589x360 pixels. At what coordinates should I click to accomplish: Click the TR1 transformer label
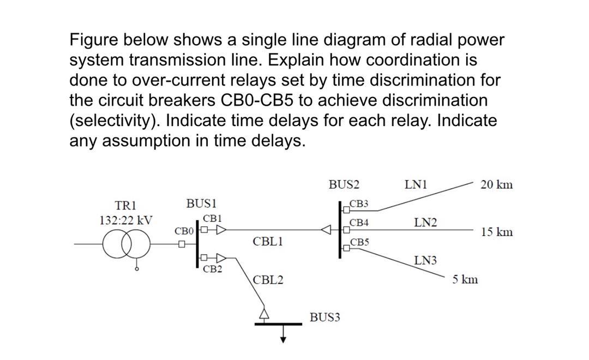(125, 206)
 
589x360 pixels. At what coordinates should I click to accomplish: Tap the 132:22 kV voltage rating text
(125, 221)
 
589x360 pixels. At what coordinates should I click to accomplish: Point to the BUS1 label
(201, 203)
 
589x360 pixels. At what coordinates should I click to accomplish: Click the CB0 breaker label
(184, 231)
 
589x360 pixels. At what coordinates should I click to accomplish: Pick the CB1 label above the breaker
(212, 218)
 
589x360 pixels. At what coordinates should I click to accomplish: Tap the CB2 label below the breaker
(212, 269)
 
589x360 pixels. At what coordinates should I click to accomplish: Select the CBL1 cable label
(267, 241)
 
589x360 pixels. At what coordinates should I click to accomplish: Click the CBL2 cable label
(268, 280)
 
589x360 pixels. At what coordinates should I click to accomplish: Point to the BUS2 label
(344, 184)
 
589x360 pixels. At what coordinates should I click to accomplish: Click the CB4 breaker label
(359, 223)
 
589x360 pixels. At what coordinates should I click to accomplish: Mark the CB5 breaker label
(359, 242)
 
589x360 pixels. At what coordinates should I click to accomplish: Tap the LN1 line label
(415, 184)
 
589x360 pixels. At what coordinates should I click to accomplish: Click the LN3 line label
(425, 260)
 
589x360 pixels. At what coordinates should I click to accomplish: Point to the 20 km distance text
(496, 184)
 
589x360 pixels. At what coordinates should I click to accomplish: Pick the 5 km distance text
(465, 280)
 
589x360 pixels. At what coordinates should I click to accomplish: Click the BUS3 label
(324, 317)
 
